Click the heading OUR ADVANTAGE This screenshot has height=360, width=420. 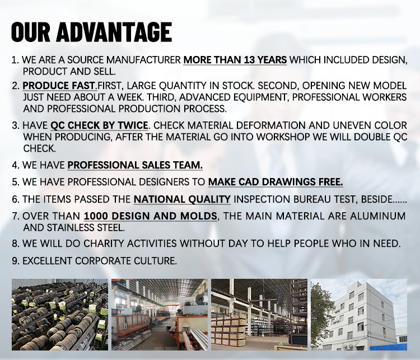tap(91, 32)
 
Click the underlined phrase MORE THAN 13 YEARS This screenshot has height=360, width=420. tap(235, 60)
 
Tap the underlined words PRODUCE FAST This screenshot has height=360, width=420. tap(59, 86)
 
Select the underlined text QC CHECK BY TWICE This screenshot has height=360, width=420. tap(99, 125)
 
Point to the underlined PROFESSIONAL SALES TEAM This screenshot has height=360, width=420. tap(135, 165)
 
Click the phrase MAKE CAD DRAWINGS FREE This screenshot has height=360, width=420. tap(276, 182)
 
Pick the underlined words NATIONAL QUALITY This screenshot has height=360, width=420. tap(182, 199)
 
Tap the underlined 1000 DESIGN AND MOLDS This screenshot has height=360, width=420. tap(151, 216)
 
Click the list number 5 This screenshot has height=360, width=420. tap(16, 182)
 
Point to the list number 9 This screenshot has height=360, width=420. tap(16, 261)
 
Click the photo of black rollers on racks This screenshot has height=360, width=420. tap(60, 315)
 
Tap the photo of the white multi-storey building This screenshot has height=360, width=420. tap(359, 315)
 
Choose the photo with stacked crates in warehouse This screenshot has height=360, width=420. tap(259, 315)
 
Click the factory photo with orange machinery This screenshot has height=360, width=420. tap(160, 315)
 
